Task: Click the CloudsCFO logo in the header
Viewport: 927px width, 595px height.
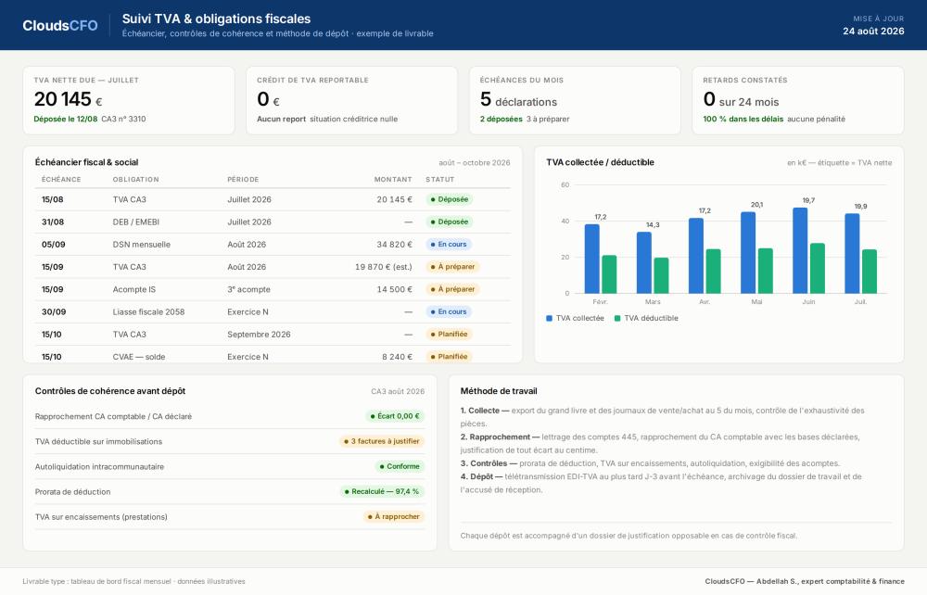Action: pyautogui.click(x=59, y=25)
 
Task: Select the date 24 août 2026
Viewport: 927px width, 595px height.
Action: pyautogui.click(x=873, y=32)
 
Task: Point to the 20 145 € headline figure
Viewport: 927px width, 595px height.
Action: pyautogui.click(x=68, y=99)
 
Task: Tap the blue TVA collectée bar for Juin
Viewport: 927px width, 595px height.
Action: pyautogui.click(x=800, y=250)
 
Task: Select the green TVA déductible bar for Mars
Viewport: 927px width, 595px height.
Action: pyautogui.click(x=661, y=275)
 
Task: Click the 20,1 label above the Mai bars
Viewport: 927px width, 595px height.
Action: pyautogui.click(x=756, y=205)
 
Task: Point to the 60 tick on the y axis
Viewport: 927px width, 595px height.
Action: pyautogui.click(x=565, y=185)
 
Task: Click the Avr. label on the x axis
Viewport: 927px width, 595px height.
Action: pyautogui.click(x=705, y=302)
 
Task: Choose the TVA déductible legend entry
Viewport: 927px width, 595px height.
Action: pyautogui.click(x=646, y=318)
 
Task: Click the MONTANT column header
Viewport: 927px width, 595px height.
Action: pyautogui.click(x=392, y=180)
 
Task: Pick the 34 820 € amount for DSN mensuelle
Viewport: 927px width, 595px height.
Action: pyautogui.click(x=394, y=245)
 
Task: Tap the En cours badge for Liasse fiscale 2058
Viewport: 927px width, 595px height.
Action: pyautogui.click(x=449, y=312)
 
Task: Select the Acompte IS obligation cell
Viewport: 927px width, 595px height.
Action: pyautogui.click(x=134, y=289)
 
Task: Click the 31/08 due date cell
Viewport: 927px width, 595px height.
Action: pyautogui.click(x=53, y=222)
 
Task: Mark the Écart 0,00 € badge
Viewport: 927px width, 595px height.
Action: pyautogui.click(x=395, y=416)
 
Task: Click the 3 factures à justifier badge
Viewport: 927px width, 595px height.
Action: pyautogui.click(x=382, y=441)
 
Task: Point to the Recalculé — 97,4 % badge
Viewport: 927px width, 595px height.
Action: pyautogui.click(x=382, y=491)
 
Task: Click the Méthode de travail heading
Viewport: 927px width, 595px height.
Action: pyautogui.click(x=499, y=391)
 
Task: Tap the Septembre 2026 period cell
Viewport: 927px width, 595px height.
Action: pyautogui.click(x=259, y=335)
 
